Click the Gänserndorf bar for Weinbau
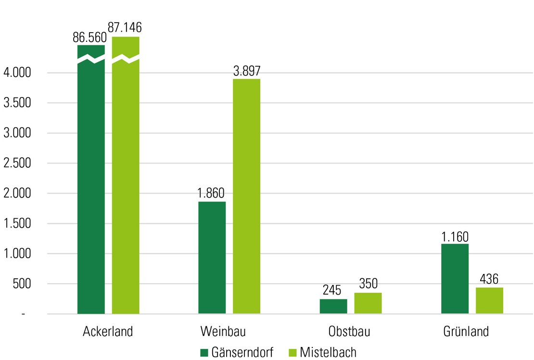click(x=212, y=258)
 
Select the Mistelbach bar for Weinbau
click(x=246, y=196)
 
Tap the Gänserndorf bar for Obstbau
click(x=333, y=307)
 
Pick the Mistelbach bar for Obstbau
click(x=368, y=303)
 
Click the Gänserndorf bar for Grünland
click(x=455, y=279)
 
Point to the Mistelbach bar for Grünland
click(x=489, y=300)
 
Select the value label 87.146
click(x=125, y=28)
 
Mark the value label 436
click(x=489, y=279)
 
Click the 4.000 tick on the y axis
click(x=17, y=73)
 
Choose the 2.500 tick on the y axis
click(x=17, y=163)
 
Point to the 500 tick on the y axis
click(x=21, y=284)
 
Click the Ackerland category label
click(x=108, y=332)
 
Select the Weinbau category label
click(x=229, y=332)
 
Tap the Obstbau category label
click(x=350, y=332)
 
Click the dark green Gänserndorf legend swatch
click(x=204, y=352)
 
